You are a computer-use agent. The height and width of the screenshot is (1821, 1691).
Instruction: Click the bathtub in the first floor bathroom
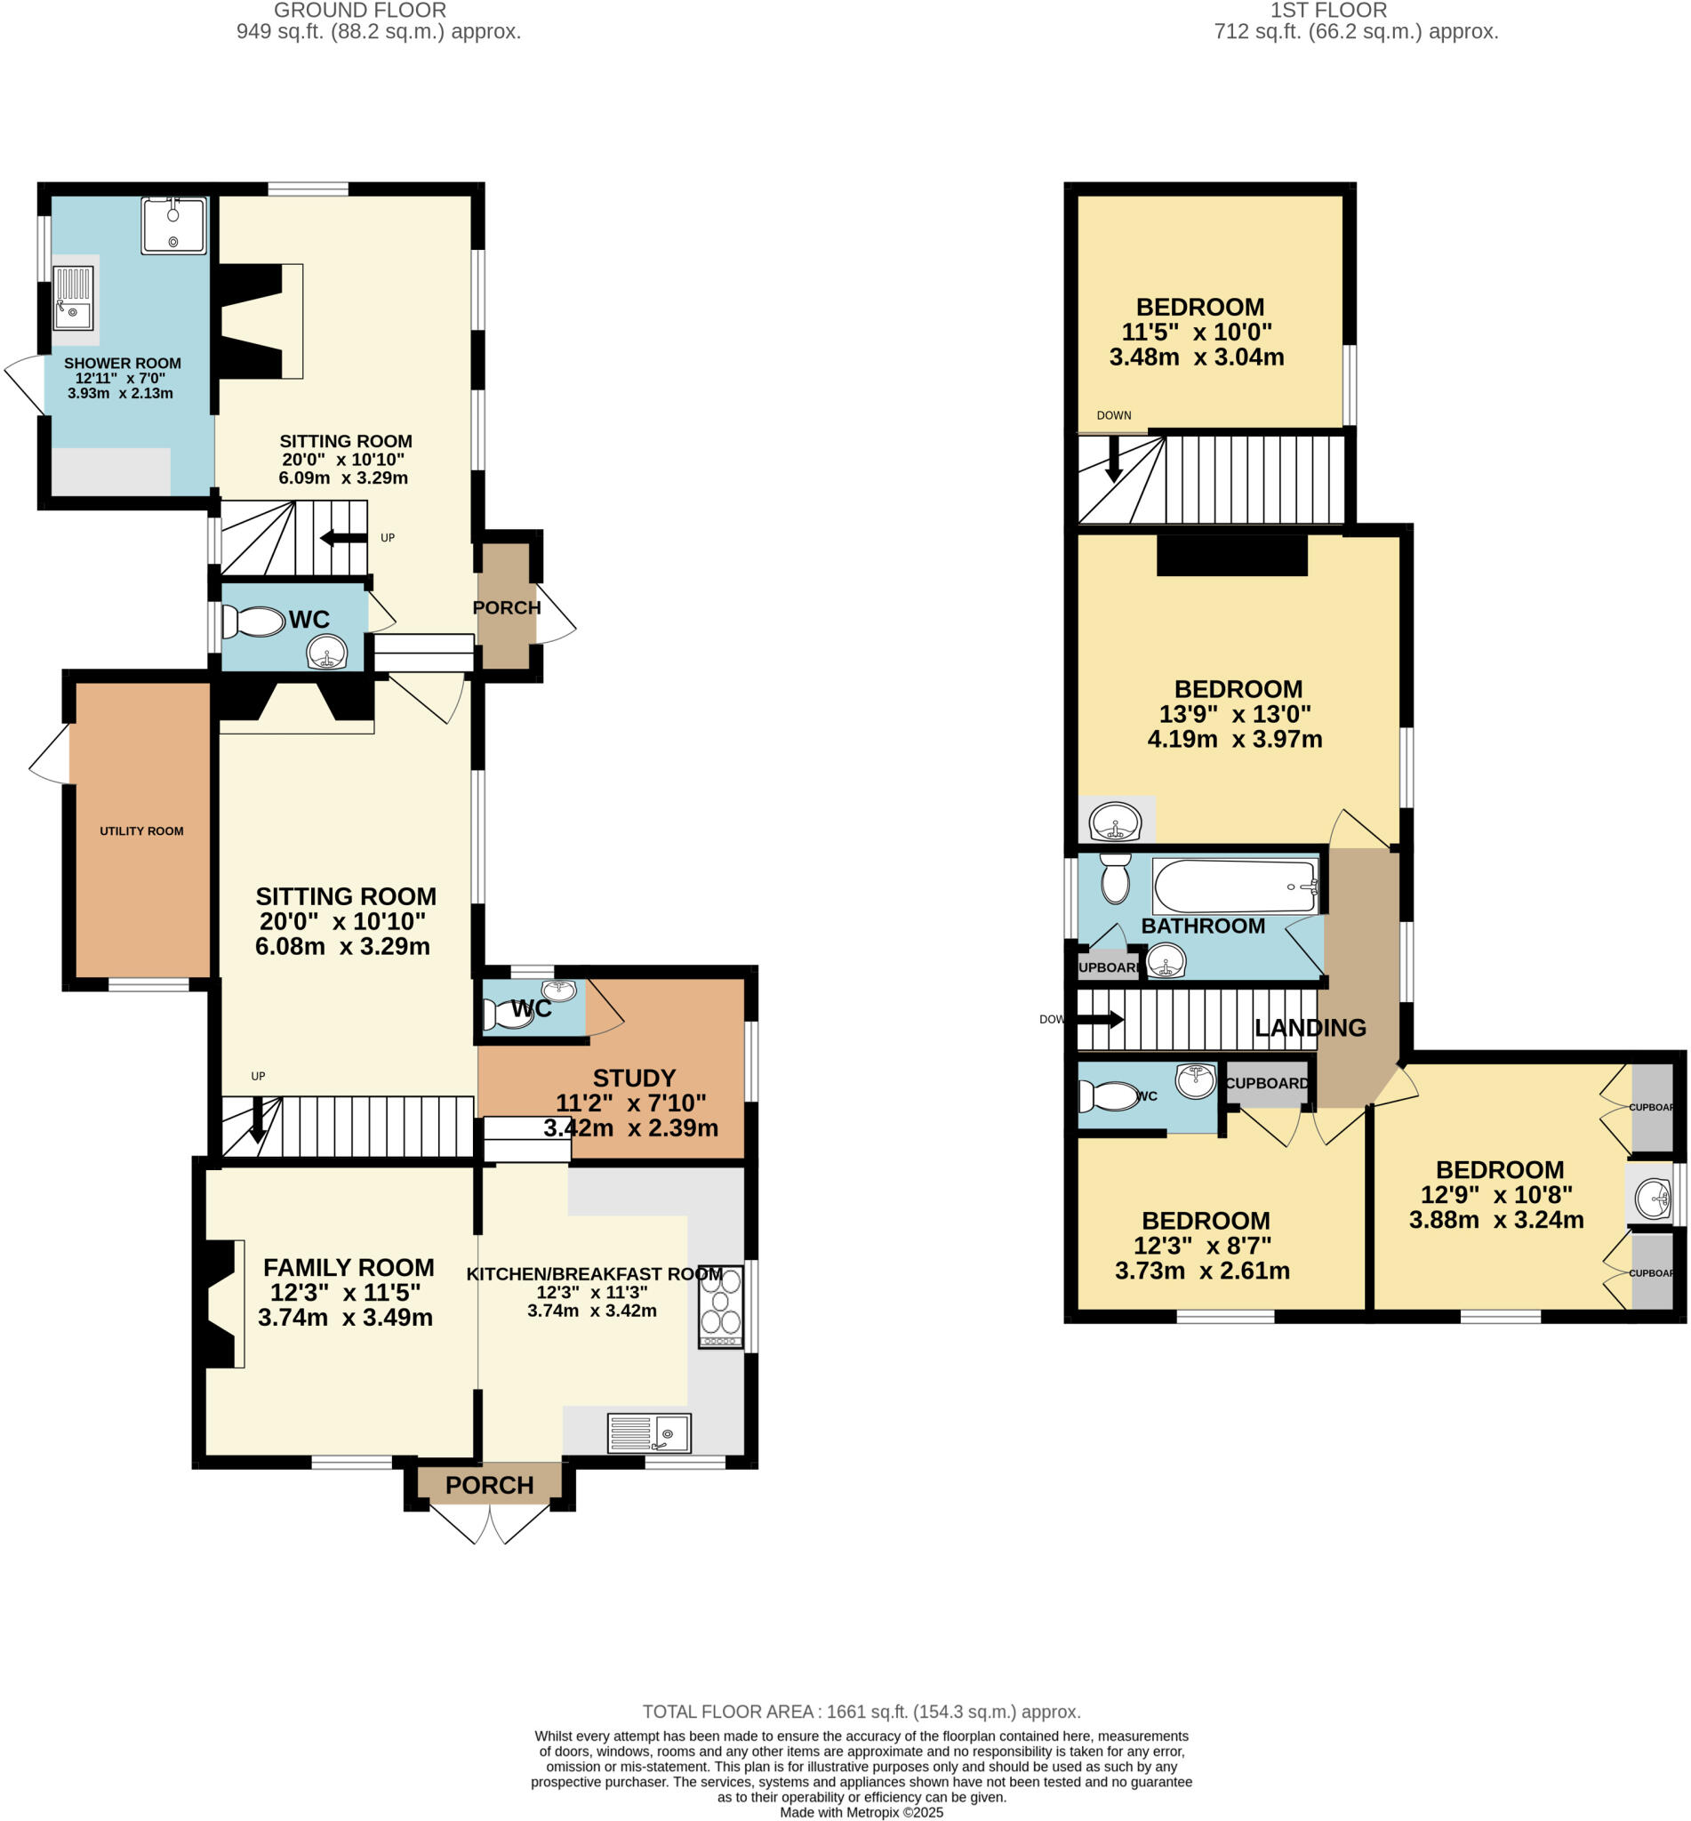click(1234, 885)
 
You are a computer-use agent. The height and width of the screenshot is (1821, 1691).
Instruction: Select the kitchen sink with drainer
click(649, 1433)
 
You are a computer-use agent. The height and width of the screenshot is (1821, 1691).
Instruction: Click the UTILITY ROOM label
click(142, 830)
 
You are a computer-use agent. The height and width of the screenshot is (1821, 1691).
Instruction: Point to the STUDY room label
click(633, 1078)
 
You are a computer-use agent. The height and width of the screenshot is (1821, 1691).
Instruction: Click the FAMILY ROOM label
click(349, 1267)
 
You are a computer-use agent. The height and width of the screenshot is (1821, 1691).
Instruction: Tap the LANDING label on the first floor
click(1310, 1028)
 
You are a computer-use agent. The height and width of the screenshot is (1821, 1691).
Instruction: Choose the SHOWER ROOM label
click(123, 364)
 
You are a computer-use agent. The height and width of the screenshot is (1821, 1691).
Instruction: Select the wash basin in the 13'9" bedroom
click(1116, 820)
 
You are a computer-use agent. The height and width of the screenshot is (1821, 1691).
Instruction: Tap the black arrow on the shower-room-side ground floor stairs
click(343, 537)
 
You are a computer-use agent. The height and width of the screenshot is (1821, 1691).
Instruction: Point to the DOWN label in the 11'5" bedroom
click(1114, 415)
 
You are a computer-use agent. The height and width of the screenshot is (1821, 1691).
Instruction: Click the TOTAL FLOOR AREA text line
click(861, 1712)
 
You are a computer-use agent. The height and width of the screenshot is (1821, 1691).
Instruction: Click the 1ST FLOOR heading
click(1327, 11)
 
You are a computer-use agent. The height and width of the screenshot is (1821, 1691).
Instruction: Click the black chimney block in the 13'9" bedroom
click(1231, 556)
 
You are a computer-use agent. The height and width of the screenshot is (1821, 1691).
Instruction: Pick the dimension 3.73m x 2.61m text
click(1201, 1270)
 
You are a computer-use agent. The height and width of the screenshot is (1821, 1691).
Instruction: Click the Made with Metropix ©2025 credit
click(861, 1812)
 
